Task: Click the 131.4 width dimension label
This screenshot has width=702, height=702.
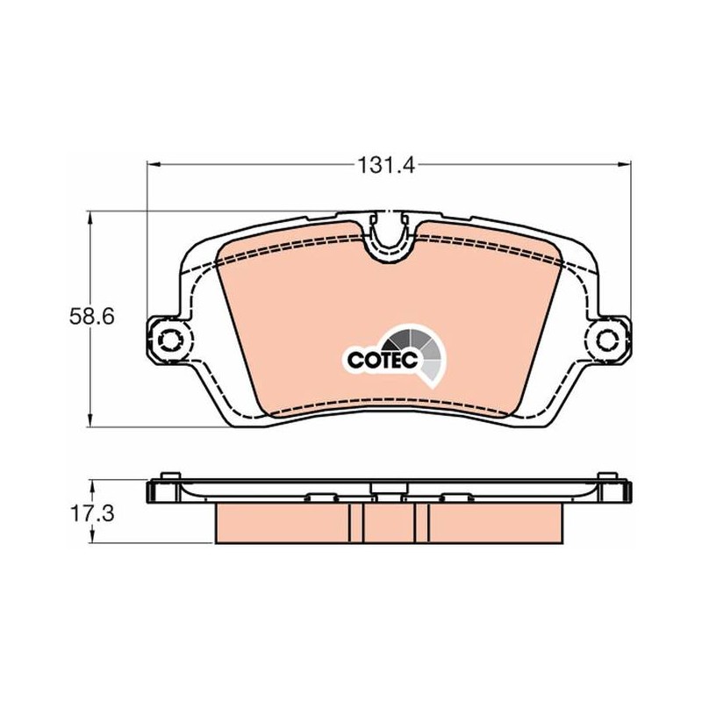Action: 386,166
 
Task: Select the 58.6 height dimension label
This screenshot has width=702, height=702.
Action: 92,317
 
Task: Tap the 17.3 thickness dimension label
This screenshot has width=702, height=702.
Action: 92,513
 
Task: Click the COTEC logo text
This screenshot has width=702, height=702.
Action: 383,360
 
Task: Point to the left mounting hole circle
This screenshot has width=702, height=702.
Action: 170,340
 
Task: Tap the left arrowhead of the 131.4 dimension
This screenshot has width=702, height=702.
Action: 154,165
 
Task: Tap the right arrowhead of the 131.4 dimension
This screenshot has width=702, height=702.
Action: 624,165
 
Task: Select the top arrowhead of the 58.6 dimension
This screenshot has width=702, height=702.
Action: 91,218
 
